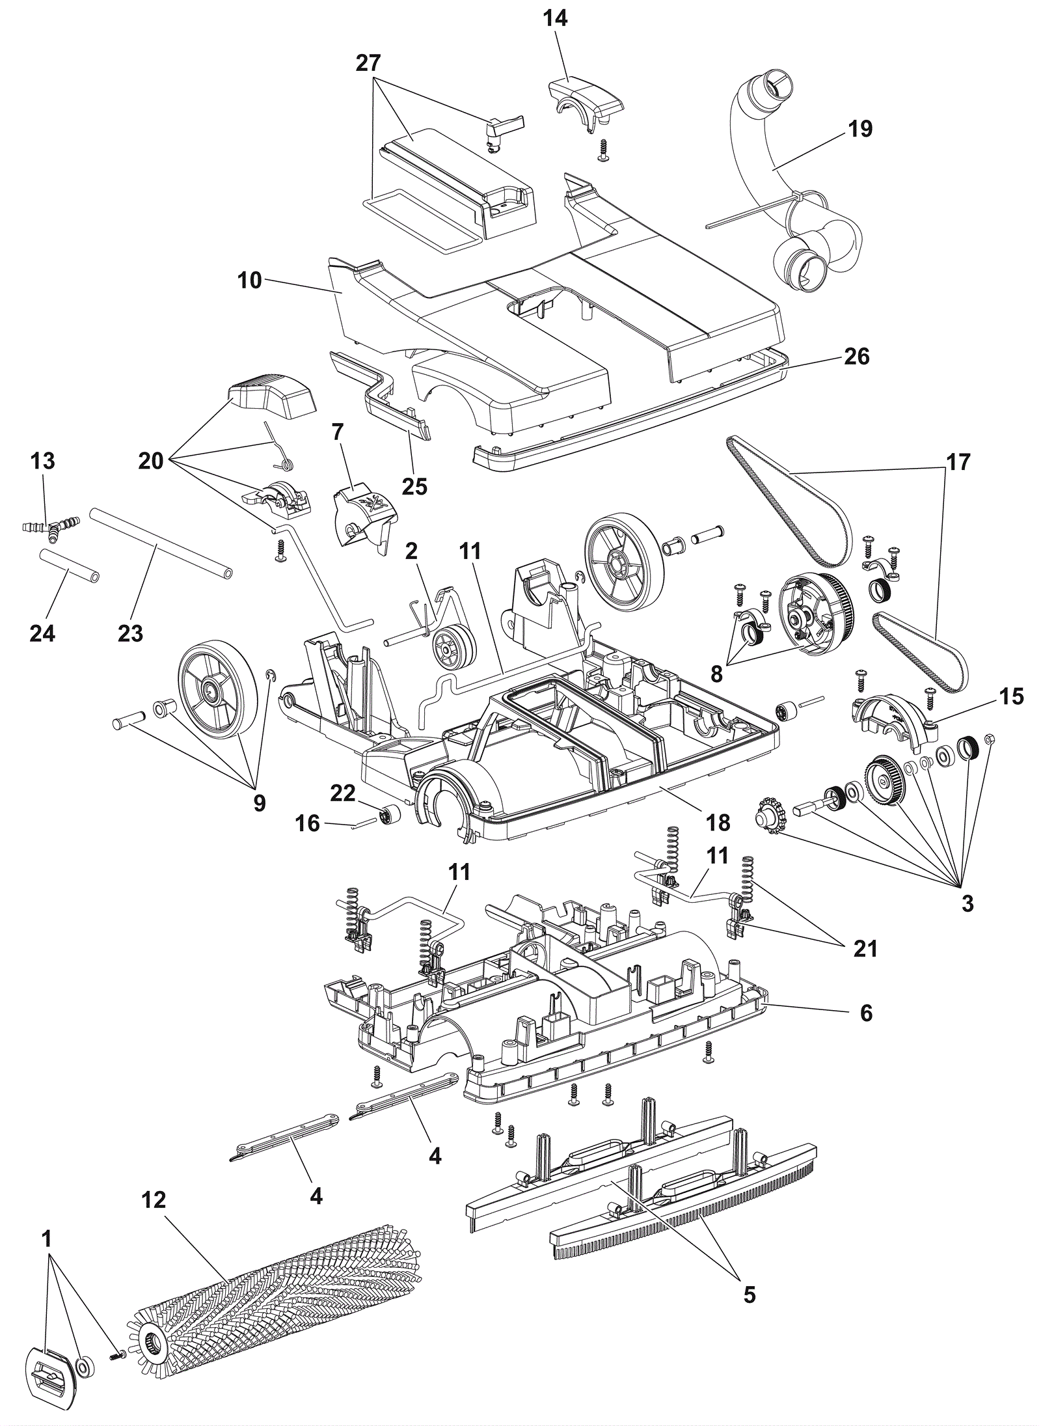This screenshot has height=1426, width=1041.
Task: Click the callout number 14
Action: [x=555, y=18]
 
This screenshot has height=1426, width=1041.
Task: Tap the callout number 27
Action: [x=368, y=63]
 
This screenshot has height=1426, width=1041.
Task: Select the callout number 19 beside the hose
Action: [x=860, y=128]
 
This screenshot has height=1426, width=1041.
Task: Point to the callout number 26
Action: [x=856, y=356]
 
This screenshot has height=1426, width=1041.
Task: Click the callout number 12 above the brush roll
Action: [x=154, y=1200]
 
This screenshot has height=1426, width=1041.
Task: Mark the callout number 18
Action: [x=718, y=823]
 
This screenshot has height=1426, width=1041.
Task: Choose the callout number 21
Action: [x=865, y=948]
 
